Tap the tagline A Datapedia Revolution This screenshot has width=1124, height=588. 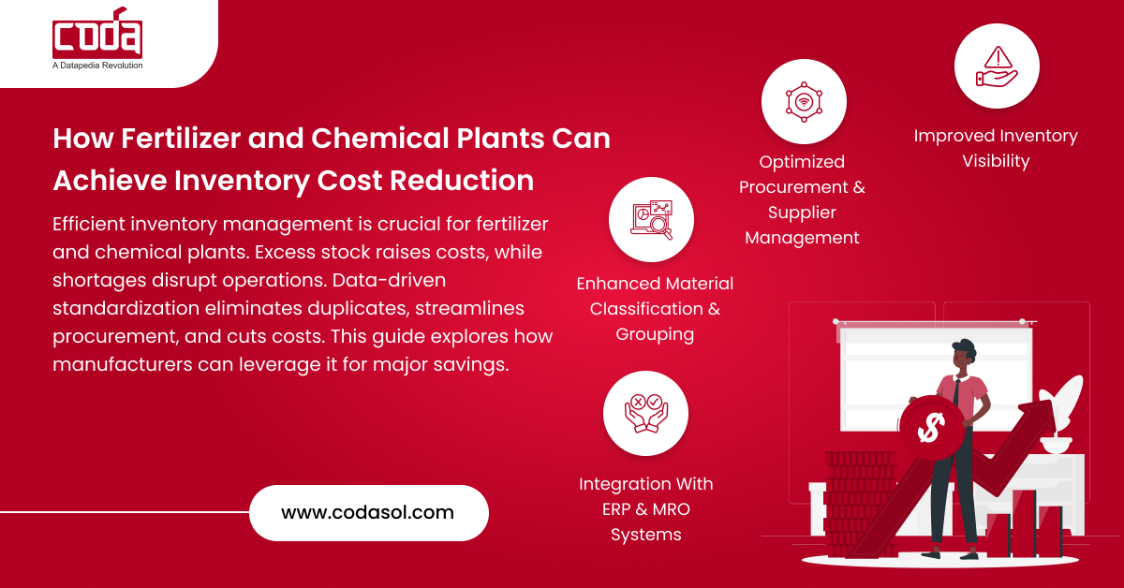point(97,66)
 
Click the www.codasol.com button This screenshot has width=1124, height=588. point(368,512)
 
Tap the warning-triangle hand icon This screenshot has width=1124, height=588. point(996,66)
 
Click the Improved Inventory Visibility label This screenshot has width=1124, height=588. point(996,148)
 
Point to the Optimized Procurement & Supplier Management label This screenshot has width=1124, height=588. point(802,199)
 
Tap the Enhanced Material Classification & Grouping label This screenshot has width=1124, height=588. point(655,308)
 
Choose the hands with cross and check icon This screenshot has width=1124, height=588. point(645,413)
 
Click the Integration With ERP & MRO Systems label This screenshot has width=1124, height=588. point(645,509)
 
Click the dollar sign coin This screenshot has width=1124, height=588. point(930,427)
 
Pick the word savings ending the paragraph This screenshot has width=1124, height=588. point(474,363)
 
